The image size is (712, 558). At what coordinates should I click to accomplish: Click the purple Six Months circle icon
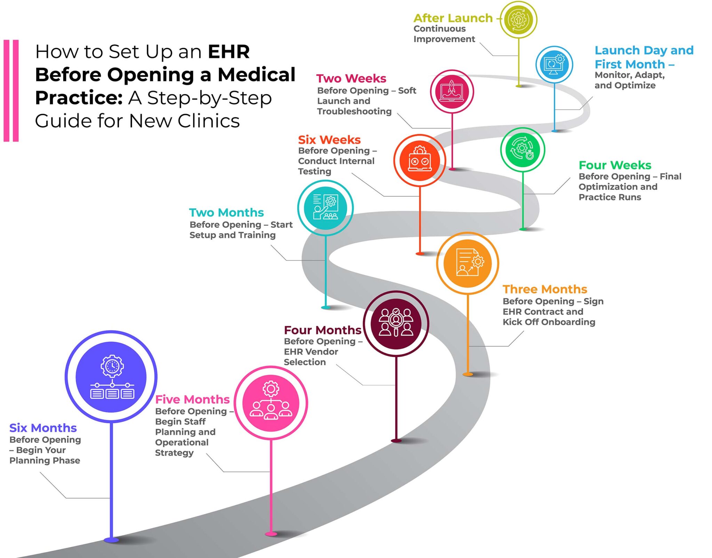[111, 377]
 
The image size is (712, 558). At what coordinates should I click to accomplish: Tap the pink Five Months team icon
[271, 403]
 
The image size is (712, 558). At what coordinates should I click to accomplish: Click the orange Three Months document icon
[468, 263]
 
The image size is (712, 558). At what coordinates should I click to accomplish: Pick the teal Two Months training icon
[325, 208]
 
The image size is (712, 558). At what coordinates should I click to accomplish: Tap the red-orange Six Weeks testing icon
[420, 160]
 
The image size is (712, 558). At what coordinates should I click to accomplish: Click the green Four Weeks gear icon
[523, 149]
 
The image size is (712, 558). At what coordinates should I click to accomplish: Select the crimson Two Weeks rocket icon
[452, 92]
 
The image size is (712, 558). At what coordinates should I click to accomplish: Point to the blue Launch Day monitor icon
[554, 64]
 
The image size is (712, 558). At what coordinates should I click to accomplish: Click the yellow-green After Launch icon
[518, 20]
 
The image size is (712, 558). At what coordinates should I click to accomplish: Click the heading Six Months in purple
[43, 427]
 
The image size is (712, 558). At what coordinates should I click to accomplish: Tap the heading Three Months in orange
[544, 289]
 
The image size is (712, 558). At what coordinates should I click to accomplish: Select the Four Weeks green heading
[615, 165]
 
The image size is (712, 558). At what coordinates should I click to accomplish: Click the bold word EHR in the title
[228, 52]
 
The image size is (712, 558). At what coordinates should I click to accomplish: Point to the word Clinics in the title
[209, 121]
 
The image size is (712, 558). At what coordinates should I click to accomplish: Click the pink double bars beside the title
[11, 91]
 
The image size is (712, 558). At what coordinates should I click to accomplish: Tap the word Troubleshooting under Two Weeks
[354, 111]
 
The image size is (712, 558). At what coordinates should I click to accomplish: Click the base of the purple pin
[111, 540]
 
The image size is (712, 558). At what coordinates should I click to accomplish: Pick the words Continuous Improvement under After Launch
[444, 34]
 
